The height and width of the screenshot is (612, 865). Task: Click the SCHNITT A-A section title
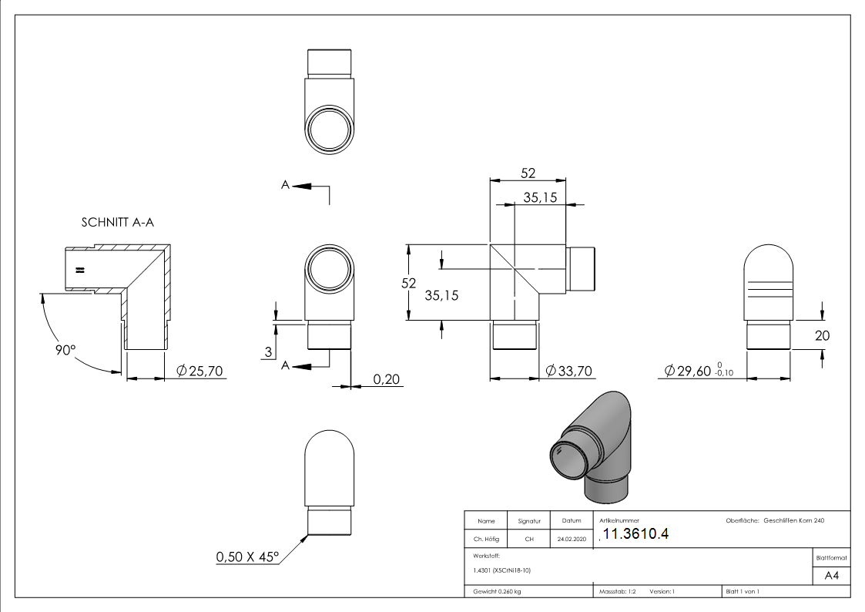pos(118,222)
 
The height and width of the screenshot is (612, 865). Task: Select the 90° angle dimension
pos(66,349)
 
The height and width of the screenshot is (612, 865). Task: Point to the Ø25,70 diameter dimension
pos(199,372)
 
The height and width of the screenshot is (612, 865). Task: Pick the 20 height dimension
pos(821,335)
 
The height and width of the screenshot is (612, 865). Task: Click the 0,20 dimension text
pos(386,378)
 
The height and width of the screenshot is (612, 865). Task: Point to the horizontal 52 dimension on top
pos(528,173)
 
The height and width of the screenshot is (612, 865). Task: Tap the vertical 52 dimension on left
pos(409,283)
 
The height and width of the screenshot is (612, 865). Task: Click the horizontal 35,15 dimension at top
pos(540,197)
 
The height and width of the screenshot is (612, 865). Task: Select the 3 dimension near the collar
pos(268,352)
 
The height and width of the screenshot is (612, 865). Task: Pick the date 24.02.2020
pos(570,540)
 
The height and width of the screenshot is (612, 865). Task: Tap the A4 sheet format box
pos(831,575)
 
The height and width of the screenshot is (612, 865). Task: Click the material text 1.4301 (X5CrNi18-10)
pos(502,570)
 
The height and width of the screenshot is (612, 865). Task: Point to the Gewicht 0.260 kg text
pos(498,592)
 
